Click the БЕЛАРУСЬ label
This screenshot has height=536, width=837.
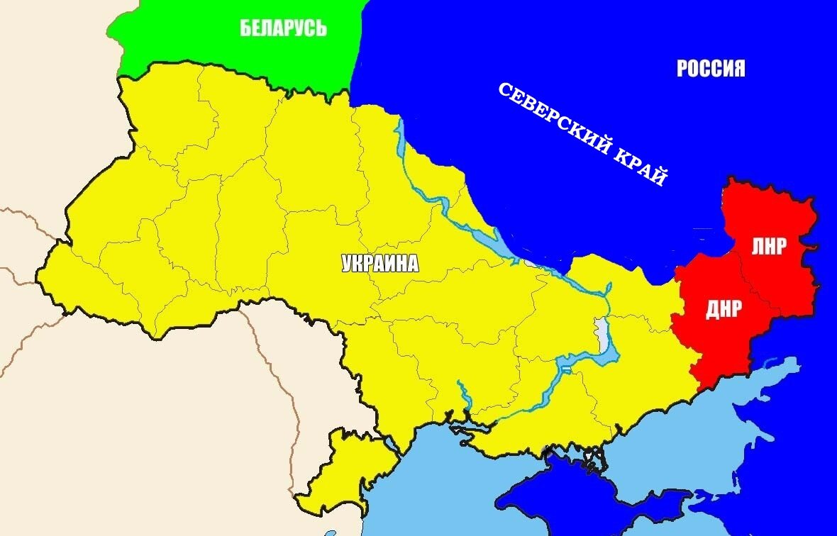(x=283, y=28)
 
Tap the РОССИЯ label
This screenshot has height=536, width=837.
(x=710, y=68)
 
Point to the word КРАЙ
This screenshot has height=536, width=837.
(x=643, y=166)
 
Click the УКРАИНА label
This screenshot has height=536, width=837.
(x=380, y=264)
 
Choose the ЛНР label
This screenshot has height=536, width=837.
(x=769, y=246)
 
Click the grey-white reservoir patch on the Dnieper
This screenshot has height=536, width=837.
(x=602, y=333)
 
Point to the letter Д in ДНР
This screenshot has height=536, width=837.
(x=711, y=309)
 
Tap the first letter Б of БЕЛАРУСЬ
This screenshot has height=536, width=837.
(x=245, y=28)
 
